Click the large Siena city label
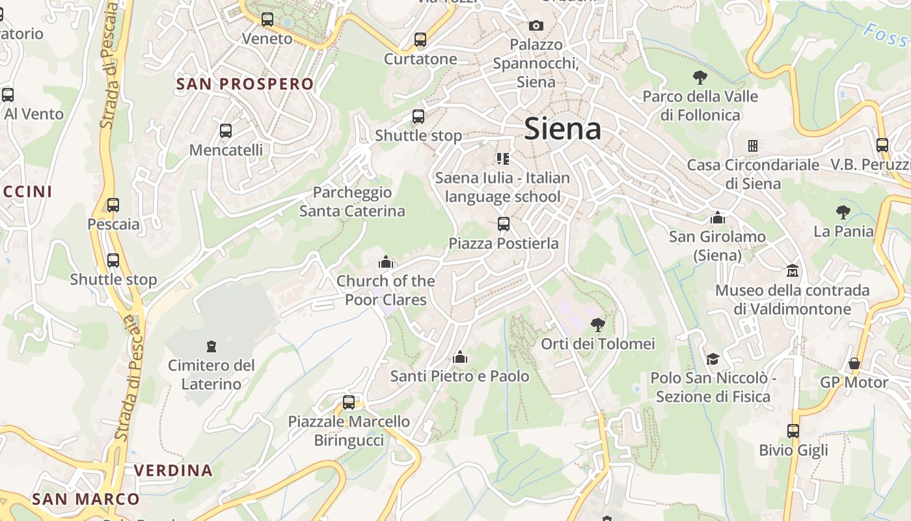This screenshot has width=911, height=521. (562, 128)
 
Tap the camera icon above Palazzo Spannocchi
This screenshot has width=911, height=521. (536, 26)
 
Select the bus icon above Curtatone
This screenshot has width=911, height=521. (420, 40)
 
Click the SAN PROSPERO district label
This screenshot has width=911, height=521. (245, 84)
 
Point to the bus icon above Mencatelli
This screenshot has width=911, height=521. (226, 131)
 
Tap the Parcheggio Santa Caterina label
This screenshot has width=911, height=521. (352, 201)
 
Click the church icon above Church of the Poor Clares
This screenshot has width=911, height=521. (386, 262)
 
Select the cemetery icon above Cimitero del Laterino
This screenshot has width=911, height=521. (211, 346)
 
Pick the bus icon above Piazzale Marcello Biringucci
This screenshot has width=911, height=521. (349, 402)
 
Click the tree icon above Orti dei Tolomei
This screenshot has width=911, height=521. (597, 324)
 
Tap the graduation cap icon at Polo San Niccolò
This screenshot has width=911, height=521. (713, 359)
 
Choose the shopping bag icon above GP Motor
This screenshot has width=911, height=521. (854, 363)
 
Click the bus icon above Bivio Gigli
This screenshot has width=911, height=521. (793, 431)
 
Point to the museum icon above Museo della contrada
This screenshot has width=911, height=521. (793, 271)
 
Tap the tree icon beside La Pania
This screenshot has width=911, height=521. (843, 212)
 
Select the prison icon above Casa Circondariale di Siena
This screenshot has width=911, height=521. (753, 146)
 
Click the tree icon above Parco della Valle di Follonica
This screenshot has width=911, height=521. (700, 77)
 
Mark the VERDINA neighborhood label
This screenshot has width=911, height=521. (173, 470)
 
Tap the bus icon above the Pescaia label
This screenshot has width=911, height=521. (113, 205)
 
